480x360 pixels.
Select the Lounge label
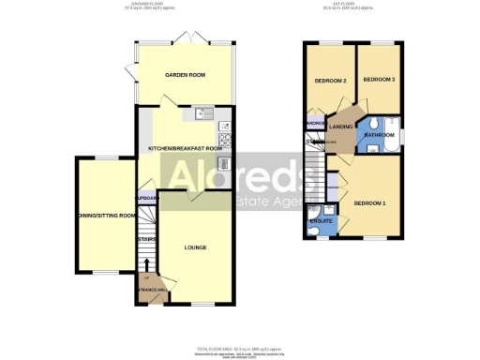195,247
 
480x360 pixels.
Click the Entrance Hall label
151,290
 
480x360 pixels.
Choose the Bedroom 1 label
369,203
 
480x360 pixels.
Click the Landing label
340,127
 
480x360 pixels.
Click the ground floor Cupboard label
146,199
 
